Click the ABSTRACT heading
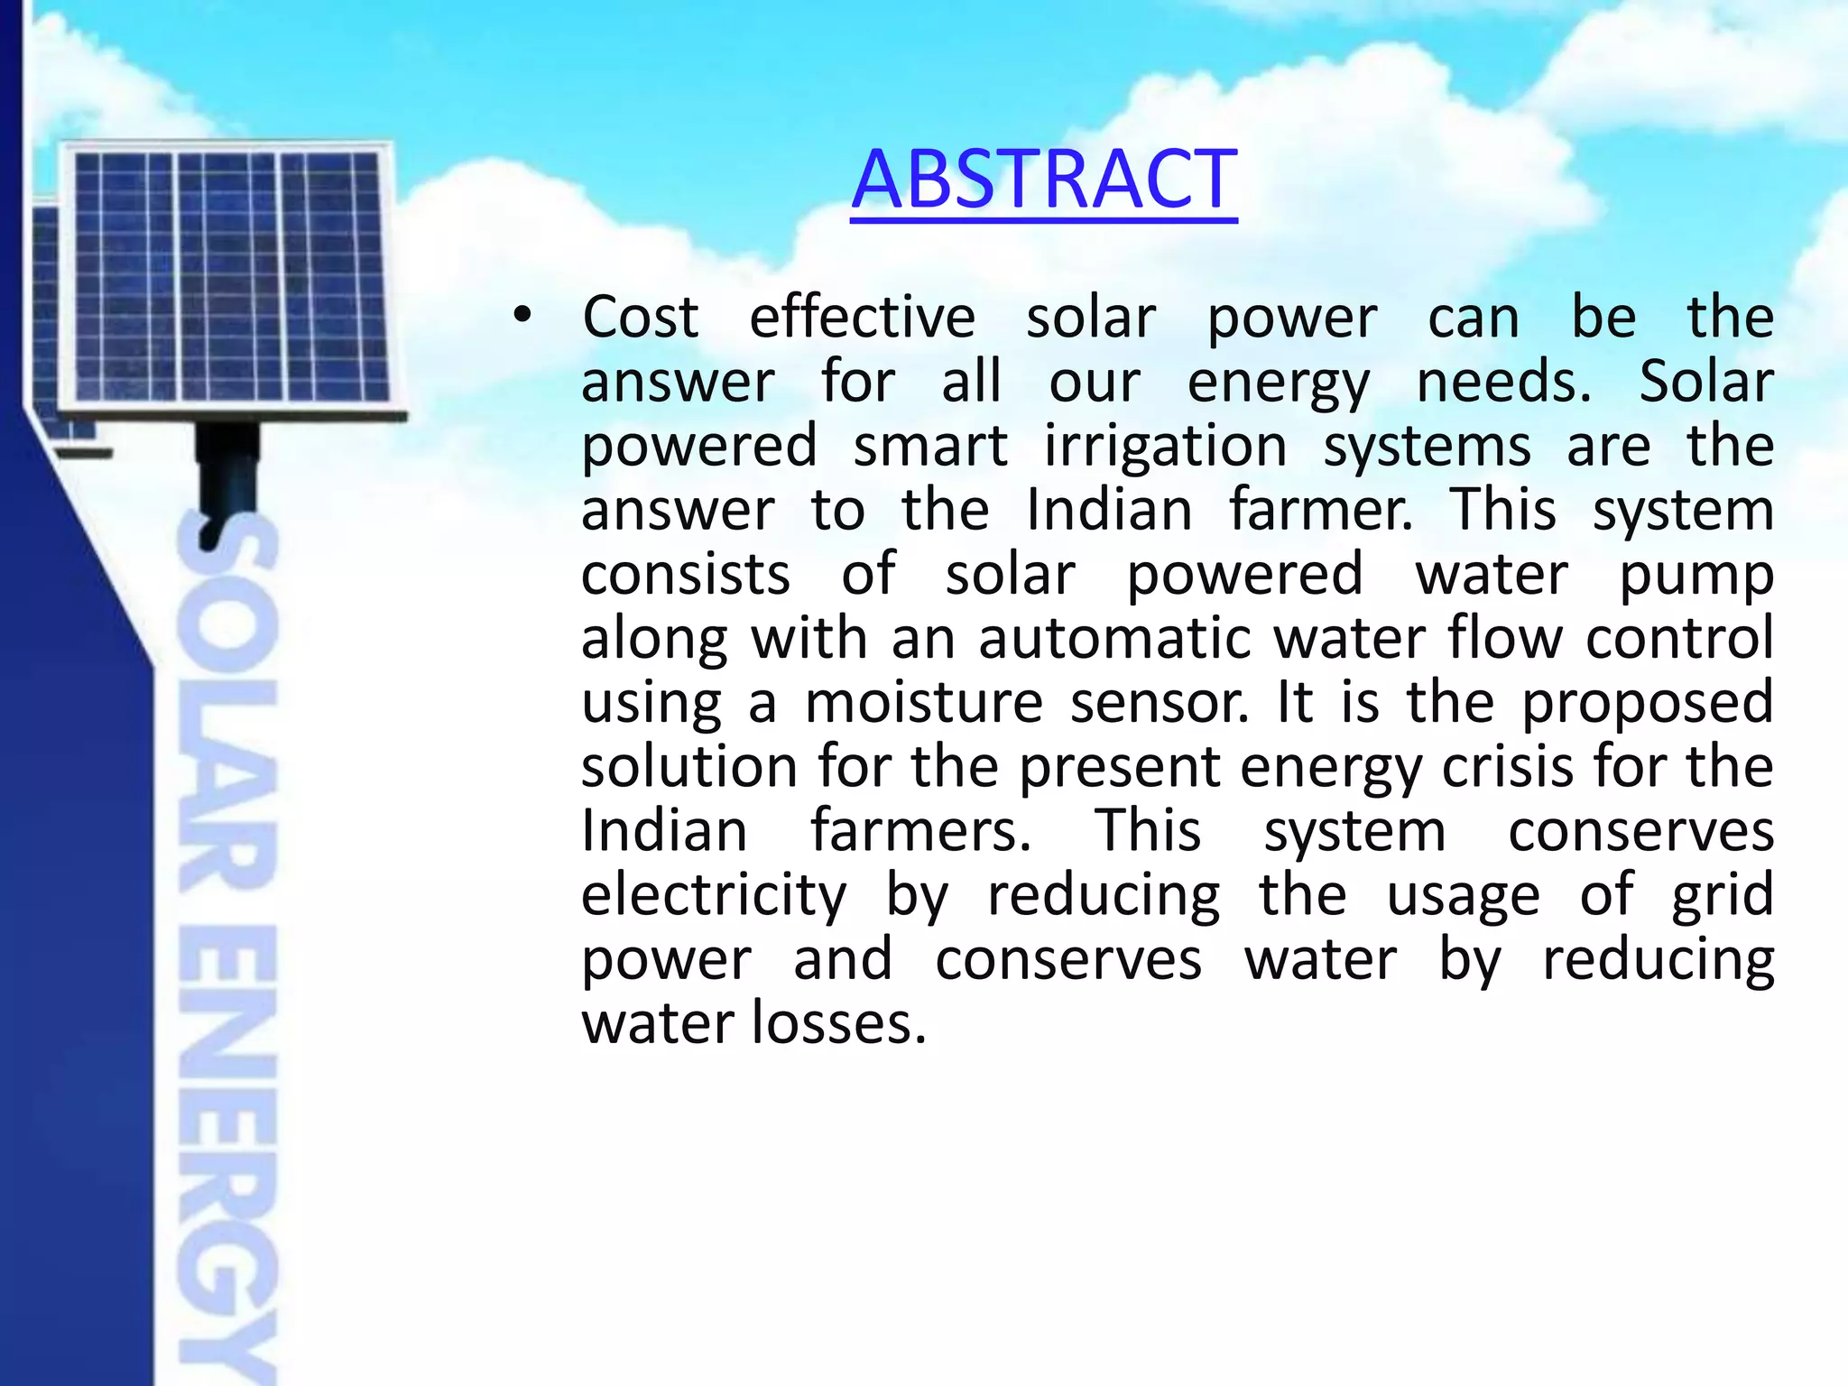point(1044,180)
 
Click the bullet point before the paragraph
point(522,317)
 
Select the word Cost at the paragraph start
point(640,318)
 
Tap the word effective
point(862,318)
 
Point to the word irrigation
point(1165,447)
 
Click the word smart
point(930,447)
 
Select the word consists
point(686,575)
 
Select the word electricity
point(714,896)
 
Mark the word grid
point(1723,896)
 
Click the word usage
point(1463,896)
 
